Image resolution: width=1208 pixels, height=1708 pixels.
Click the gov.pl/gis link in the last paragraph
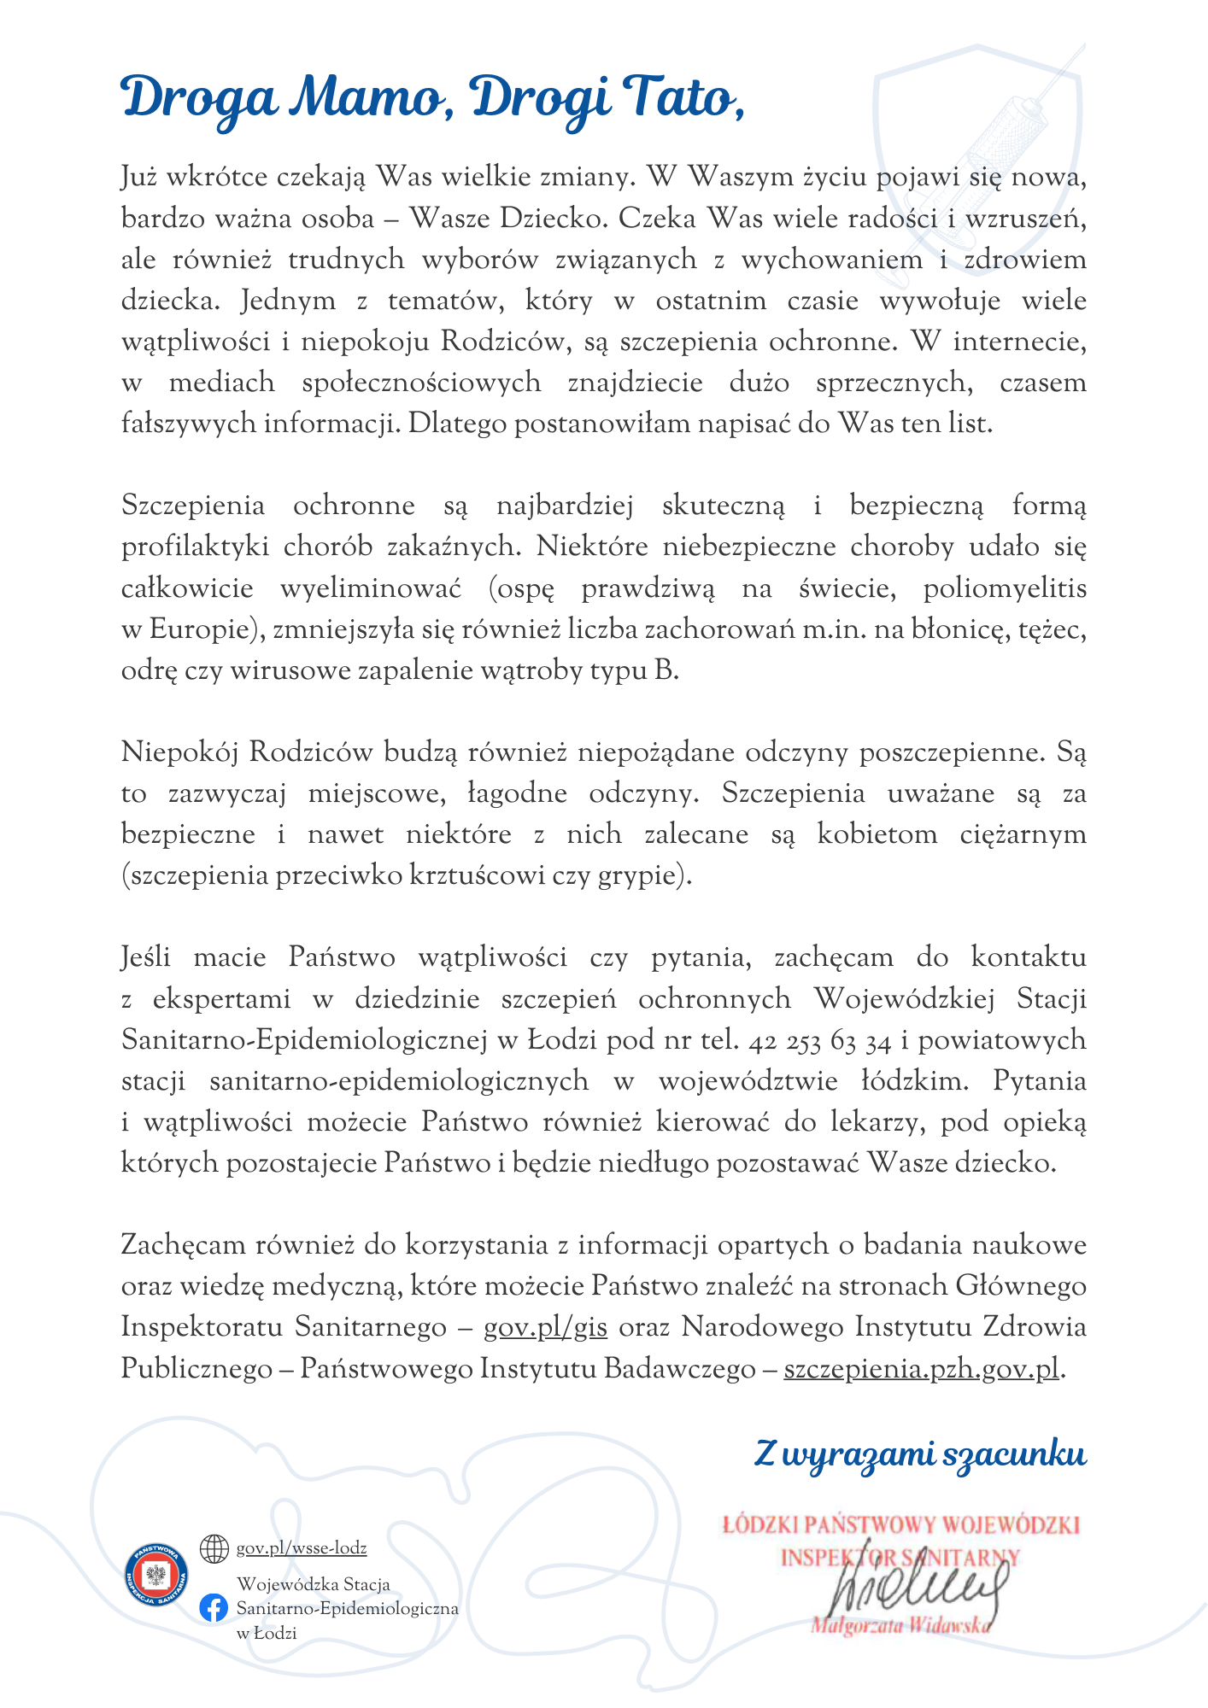coord(546,1327)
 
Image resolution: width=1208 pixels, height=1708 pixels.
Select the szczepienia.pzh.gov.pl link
coord(921,1368)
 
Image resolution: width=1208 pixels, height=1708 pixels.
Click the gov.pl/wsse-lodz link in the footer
coord(302,1547)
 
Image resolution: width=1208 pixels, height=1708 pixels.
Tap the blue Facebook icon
coord(214,1607)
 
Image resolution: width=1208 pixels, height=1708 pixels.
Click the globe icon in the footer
coord(214,1547)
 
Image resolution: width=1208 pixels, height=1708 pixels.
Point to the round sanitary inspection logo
coord(155,1574)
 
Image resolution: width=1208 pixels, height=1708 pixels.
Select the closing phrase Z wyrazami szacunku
coord(920,1454)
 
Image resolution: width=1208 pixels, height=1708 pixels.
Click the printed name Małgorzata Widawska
coord(901,1625)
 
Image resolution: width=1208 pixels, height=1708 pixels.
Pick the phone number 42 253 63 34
coord(819,1040)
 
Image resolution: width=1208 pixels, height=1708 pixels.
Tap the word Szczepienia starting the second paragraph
coord(193,506)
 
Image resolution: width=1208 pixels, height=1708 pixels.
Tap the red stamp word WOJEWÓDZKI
coord(1012,1525)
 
